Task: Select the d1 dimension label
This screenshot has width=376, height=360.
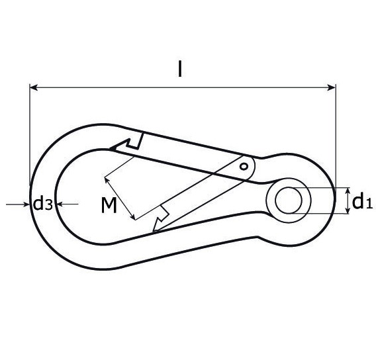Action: (362, 201)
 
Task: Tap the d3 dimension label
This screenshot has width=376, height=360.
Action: (43, 204)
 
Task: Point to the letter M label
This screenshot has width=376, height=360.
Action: (109, 206)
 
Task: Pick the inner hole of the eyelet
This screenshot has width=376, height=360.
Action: (287, 201)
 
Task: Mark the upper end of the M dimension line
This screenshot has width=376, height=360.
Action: (105, 177)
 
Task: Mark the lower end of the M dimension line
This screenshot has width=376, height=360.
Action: (135, 219)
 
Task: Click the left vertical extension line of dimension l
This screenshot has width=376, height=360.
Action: (30, 132)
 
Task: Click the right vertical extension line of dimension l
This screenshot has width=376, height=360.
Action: (336, 132)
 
